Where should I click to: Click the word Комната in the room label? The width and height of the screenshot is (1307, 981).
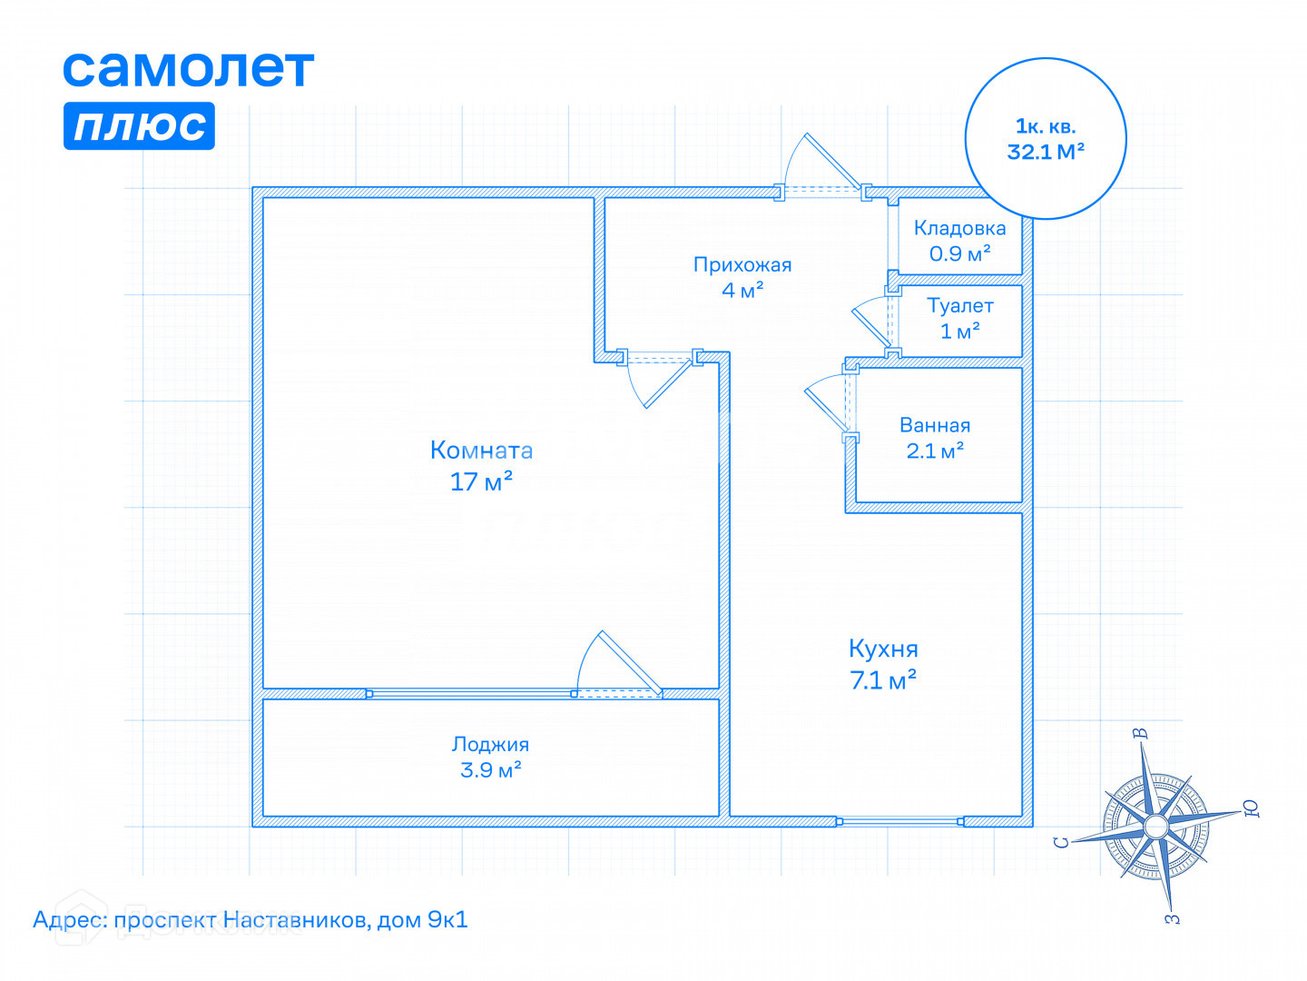pyautogui.click(x=481, y=451)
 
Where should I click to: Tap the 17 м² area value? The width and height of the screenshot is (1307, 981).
pyautogui.click(x=481, y=481)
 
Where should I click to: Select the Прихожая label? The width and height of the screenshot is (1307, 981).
pyautogui.click(x=742, y=265)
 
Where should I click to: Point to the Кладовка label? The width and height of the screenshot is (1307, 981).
pyautogui.click(x=959, y=229)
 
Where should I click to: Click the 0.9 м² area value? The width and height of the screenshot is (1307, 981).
pyautogui.click(x=959, y=254)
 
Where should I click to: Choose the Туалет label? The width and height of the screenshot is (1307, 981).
pyautogui.click(x=959, y=306)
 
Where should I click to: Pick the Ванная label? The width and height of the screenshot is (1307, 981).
pyautogui.click(x=935, y=425)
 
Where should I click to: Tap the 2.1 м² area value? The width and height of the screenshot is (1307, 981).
pyautogui.click(x=935, y=451)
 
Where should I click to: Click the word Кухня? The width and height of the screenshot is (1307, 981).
pyautogui.click(x=883, y=649)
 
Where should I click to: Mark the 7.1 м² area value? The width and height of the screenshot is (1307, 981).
pyautogui.click(x=883, y=680)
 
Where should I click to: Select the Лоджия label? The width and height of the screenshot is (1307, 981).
pyautogui.click(x=490, y=745)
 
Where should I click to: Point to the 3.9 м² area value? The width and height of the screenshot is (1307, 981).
pyautogui.click(x=490, y=770)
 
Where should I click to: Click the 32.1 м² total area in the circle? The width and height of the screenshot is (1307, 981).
pyautogui.click(x=1046, y=152)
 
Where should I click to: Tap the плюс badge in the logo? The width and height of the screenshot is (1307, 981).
pyautogui.click(x=139, y=125)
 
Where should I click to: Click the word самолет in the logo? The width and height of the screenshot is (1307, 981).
pyautogui.click(x=188, y=69)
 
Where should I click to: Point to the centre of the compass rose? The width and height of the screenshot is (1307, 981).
pyautogui.click(x=1155, y=826)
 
